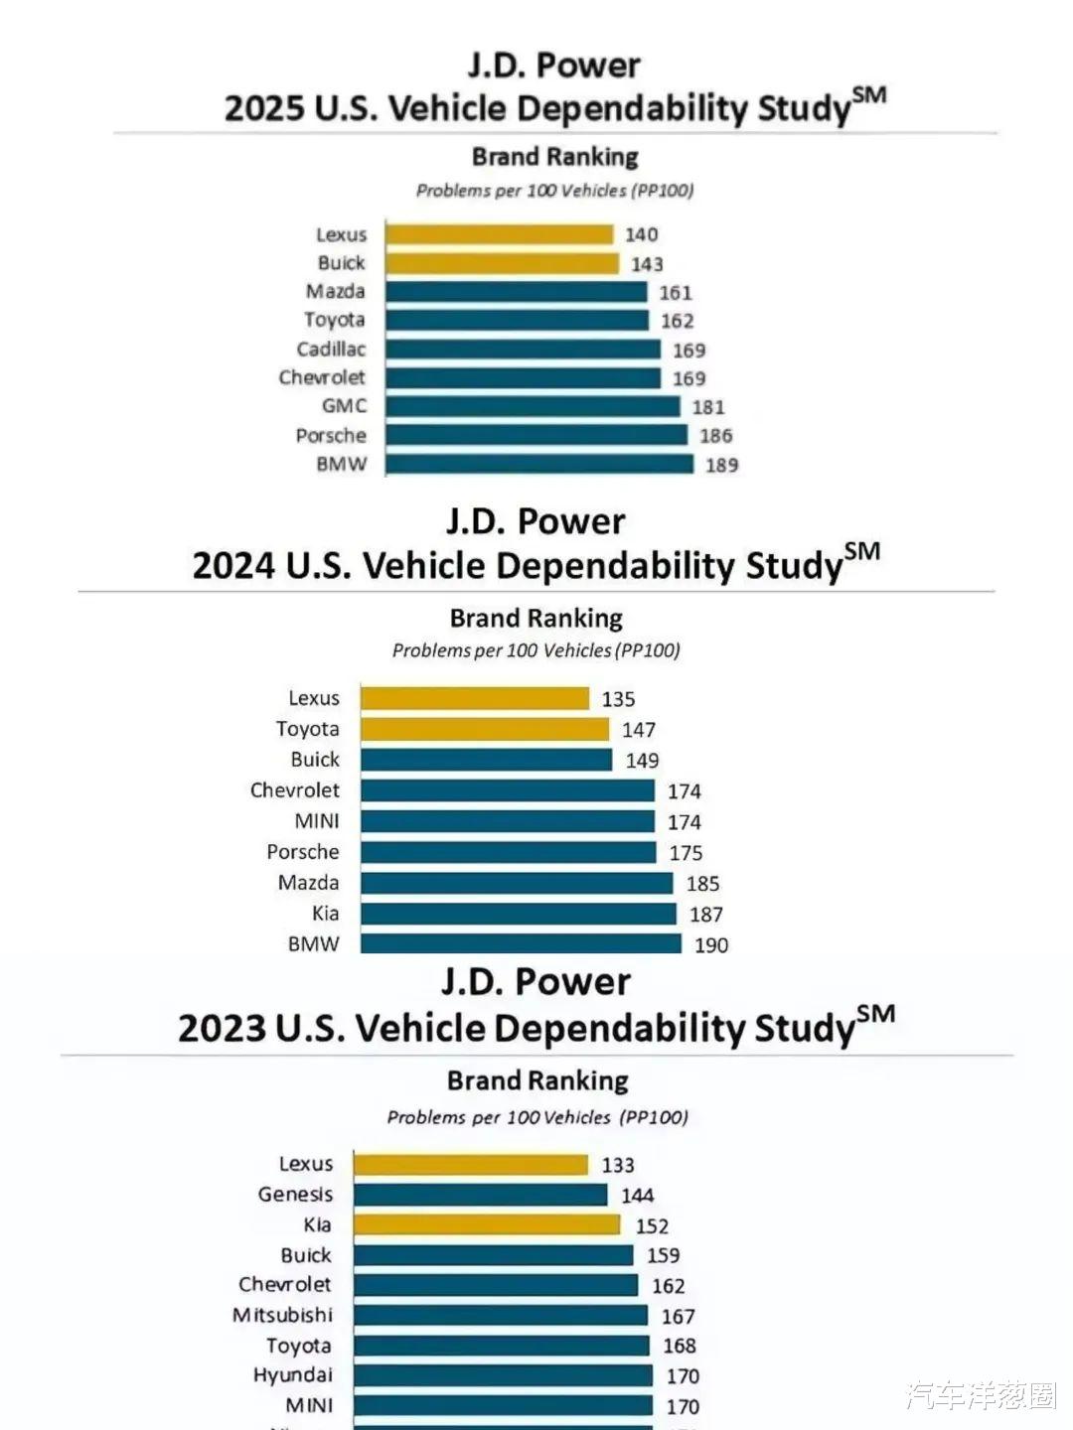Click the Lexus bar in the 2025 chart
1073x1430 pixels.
[x=499, y=234]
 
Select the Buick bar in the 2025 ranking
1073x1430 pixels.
[x=502, y=263]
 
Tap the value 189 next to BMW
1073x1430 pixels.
[x=721, y=465]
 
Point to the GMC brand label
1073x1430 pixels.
[x=344, y=406]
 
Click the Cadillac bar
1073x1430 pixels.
[x=523, y=350]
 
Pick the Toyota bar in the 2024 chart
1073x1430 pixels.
[x=485, y=730]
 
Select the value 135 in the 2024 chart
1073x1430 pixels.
[x=618, y=699]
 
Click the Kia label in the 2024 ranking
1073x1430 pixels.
[x=325, y=914]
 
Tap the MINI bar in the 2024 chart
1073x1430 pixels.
[x=507, y=821]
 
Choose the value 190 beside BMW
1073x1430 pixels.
[x=711, y=945]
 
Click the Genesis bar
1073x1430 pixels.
[x=480, y=1195]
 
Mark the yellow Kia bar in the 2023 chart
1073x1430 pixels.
[x=487, y=1224]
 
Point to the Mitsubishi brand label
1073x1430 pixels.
[x=283, y=1315]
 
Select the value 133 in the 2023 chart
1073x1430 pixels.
[x=617, y=1165]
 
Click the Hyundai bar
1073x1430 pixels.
[x=503, y=1375]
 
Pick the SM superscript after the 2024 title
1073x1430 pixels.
[x=861, y=551]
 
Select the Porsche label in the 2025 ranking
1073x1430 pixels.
[x=331, y=435]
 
